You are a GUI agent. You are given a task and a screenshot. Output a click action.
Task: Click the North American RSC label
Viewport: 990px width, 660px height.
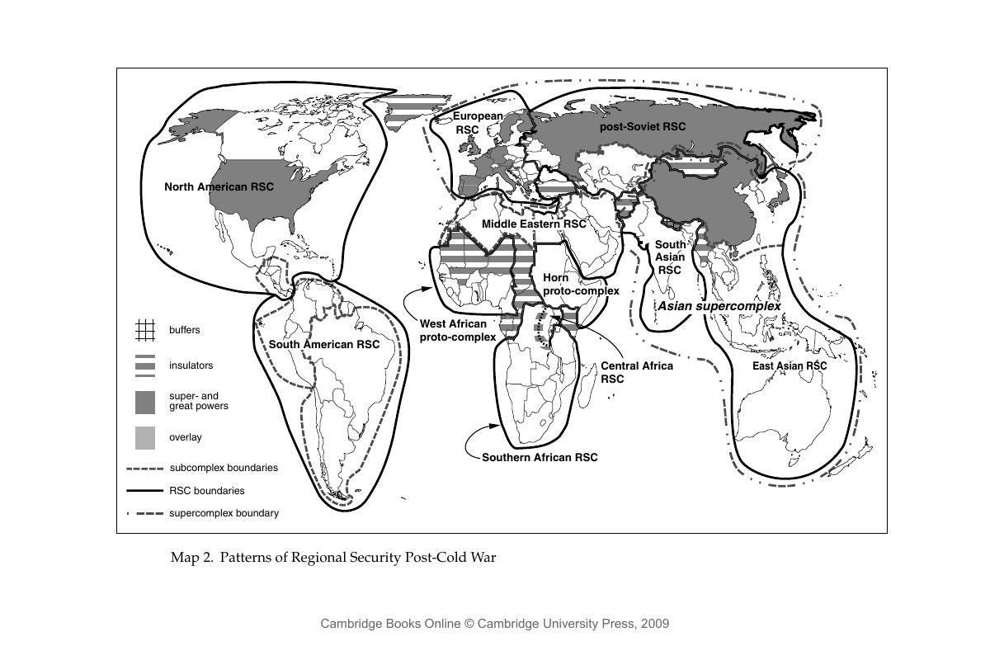(219, 186)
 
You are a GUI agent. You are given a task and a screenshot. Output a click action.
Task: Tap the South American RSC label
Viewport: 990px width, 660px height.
(324, 344)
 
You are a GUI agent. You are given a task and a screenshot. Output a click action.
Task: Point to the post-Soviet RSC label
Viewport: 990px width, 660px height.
(642, 126)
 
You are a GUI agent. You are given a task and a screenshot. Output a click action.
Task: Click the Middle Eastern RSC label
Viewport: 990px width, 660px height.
(534, 224)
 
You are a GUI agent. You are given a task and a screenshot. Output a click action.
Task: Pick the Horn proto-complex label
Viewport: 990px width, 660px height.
(580, 284)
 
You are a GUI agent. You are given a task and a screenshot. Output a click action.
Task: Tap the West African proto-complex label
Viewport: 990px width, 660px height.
(458, 330)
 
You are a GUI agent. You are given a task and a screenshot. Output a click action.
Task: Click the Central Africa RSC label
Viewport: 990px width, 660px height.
(636, 372)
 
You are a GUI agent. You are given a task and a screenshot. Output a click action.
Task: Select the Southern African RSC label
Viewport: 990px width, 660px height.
(540, 457)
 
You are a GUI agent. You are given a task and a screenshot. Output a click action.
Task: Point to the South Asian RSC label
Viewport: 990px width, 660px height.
(670, 257)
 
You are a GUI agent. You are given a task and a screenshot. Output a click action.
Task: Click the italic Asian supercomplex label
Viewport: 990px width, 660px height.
(719, 305)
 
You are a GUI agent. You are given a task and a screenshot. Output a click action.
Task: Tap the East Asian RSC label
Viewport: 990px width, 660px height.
(790, 365)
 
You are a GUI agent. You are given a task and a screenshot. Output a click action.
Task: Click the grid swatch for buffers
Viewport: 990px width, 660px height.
(144, 330)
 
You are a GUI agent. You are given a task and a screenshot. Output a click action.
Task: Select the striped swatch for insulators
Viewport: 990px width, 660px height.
(144, 365)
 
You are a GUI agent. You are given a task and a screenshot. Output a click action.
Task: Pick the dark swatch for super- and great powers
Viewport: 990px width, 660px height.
(144, 402)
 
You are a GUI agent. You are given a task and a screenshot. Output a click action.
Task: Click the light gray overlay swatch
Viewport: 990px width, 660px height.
(144, 437)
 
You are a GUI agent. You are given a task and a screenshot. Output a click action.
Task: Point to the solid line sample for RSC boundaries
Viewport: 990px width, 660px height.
(144, 491)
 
